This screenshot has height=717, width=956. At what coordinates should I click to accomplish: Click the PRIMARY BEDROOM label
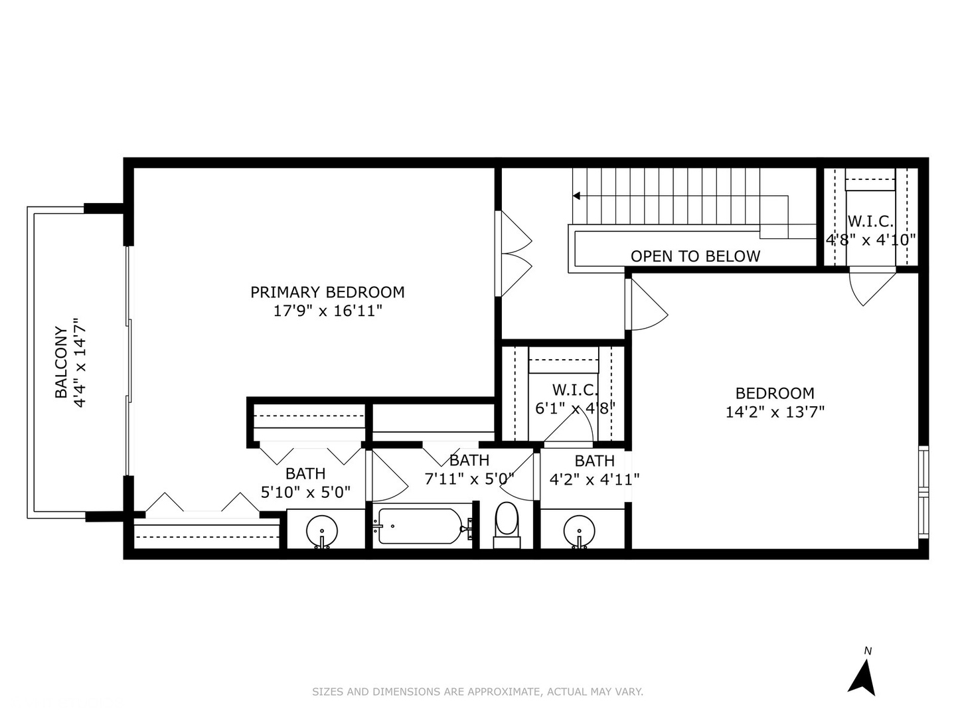pyautogui.click(x=327, y=292)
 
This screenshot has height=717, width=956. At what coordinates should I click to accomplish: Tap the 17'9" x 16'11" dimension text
pyautogui.click(x=327, y=311)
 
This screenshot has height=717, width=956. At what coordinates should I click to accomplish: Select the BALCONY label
pyautogui.click(x=61, y=362)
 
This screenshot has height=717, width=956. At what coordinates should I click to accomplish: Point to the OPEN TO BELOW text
pyautogui.click(x=695, y=256)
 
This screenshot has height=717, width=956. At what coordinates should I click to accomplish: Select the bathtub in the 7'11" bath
pyautogui.click(x=420, y=527)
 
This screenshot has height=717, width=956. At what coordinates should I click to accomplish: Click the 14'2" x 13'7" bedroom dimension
pyautogui.click(x=775, y=412)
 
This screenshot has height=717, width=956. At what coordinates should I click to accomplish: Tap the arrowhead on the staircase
pyautogui.click(x=577, y=196)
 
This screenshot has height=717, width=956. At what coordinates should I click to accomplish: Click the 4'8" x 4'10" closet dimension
pyautogui.click(x=870, y=240)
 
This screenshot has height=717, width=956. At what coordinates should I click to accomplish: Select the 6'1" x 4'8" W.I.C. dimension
pyautogui.click(x=576, y=408)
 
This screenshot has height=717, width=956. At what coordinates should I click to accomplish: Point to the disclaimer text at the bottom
pyautogui.click(x=477, y=692)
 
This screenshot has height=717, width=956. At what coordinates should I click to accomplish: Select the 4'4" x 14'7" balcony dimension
pyautogui.click(x=80, y=362)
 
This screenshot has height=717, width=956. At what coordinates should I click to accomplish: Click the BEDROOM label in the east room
pyautogui.click(x=775, y=393)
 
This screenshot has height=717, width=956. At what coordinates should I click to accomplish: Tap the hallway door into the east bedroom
pyautogui.click(x=647, y=305)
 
